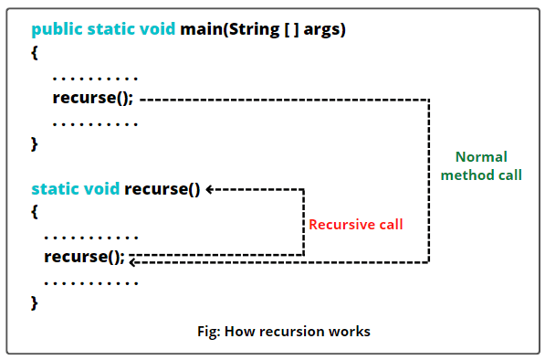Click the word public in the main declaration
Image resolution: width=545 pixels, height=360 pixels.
tap(58, 29)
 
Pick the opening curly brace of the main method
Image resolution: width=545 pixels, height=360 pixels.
tap(35, 53)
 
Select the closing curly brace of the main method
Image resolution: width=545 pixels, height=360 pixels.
tap(35, 144)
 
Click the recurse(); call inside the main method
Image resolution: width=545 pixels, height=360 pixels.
tap(93, 98)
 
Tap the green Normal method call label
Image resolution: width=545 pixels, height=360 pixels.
tap(481, 165)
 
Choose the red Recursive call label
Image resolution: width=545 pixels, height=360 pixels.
tap(355, 224)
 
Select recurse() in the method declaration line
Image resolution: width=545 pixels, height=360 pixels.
tap(162, 189)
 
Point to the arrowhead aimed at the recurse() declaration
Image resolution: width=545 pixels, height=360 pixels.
tap(211, 189)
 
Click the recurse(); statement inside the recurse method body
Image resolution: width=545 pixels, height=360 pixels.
tap(84, 256)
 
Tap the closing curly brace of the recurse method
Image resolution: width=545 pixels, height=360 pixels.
tap(35, 302)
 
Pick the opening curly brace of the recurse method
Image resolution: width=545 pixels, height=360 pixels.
tap(35, 212)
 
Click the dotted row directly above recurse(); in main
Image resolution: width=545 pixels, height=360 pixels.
tap(95, 77)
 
